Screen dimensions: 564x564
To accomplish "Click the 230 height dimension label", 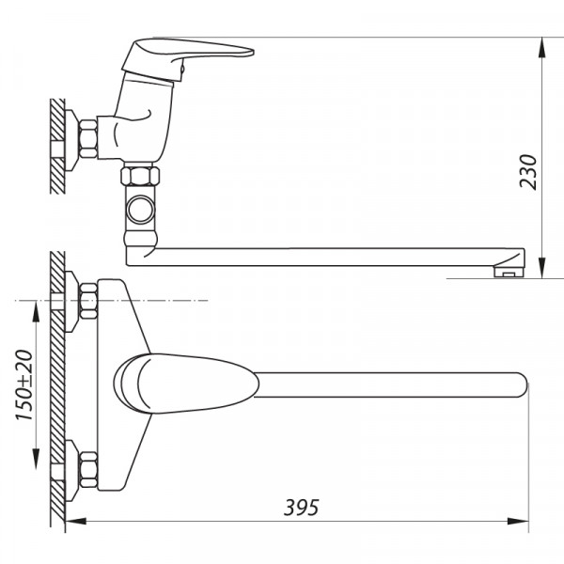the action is pyautogui.click(x=528, y=172).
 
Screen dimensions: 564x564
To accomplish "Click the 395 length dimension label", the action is pyautogui.click(x=302, y=508).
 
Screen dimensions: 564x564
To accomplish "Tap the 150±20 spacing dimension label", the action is pyautogui.click(x=24, y=384).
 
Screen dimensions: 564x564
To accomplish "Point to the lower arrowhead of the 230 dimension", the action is pyautogui.click(x=542, y=268).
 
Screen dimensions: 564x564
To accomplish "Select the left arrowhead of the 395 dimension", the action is pyautogui.click(x=76, y=521).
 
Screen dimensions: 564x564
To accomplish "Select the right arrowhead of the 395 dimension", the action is pyautogui.click(x=518, y=521).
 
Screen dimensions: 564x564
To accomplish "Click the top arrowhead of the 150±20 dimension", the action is pyautogui.click(x=37, y=312).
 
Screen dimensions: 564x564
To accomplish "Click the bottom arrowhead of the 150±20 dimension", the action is pyautogui.click(x=37, y=459).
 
